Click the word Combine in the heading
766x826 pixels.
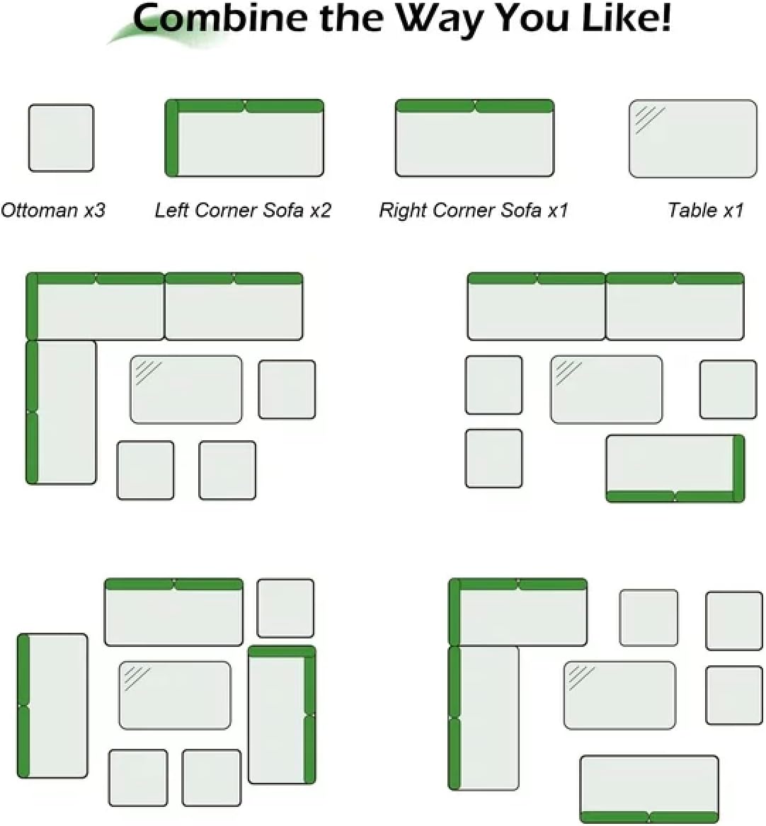[219, 18]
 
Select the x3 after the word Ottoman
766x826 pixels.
[95, 210]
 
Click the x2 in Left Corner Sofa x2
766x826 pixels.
[320, 210]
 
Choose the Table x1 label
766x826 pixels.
[706, 210]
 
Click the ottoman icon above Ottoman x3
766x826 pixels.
[61, 138]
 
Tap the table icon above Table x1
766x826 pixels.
[693, 139]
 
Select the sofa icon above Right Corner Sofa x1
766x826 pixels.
[474, 138]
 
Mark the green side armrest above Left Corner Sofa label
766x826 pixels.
[172, 138]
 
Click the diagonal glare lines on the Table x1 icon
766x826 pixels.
[650, 120]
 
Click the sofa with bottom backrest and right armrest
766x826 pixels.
[675, 469]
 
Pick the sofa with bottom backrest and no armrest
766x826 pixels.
[650, 789]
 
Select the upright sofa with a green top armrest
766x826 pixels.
[282, 715]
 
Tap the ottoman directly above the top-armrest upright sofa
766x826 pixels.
[285, 609]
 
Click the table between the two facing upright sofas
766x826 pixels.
[175, 695]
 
